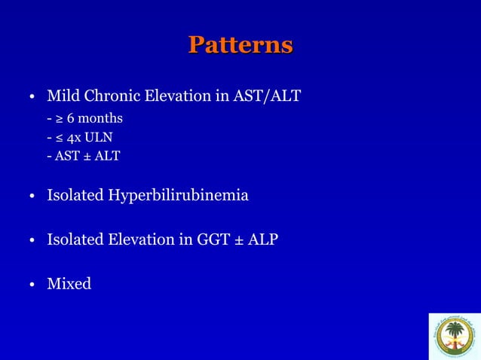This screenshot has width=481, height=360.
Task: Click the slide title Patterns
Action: pos(240,44)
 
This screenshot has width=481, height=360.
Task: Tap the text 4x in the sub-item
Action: pos(73,138)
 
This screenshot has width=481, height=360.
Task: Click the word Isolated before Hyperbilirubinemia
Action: pos(75,196)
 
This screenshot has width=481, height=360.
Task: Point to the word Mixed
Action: pos(69,284)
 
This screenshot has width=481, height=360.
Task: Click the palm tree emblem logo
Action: pos(454,336)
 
